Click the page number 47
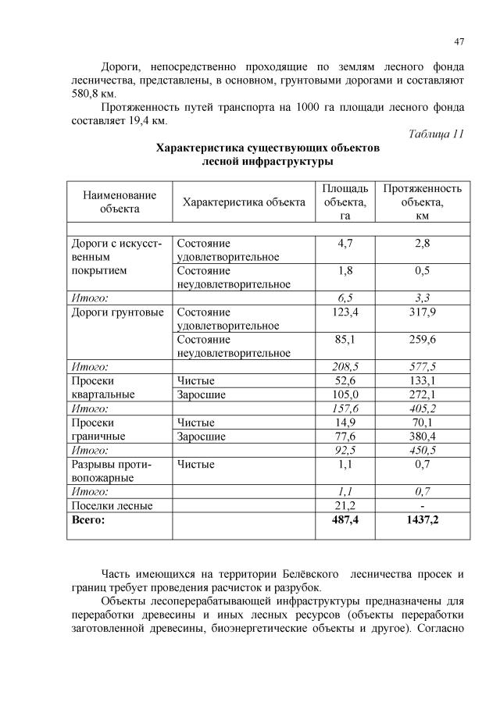[x=459, y=42]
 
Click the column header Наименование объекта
[x=120, y=201]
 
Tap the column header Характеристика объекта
[x=244, y=202]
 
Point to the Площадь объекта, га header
[x=345, y=201]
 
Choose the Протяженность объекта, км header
[x=422, y=201]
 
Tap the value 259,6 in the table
[x=422, y=340]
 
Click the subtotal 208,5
[x=345, y=366]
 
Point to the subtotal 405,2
[x=422, y=408]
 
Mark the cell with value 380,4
[x=422, y=436]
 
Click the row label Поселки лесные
[x=112, y=505]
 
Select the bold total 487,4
[x=345, y=519]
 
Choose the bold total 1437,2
[x=422, y=519]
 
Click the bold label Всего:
[x=87, y=519]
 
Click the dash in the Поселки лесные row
[x=422, y=505]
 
